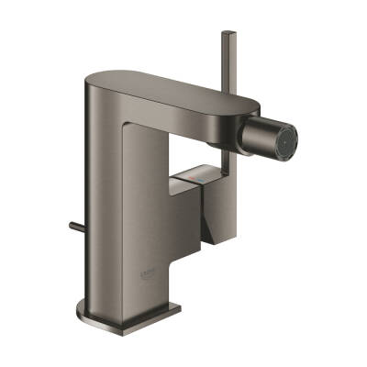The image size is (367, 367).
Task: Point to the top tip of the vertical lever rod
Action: [226, 34]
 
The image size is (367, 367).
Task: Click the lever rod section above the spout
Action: [226, 64]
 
